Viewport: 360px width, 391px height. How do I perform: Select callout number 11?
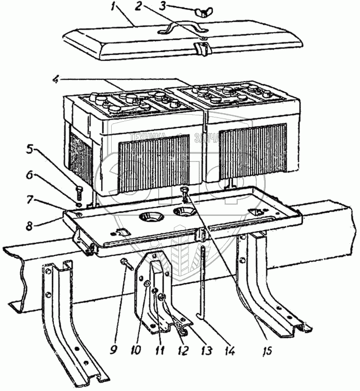coord(159,350)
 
